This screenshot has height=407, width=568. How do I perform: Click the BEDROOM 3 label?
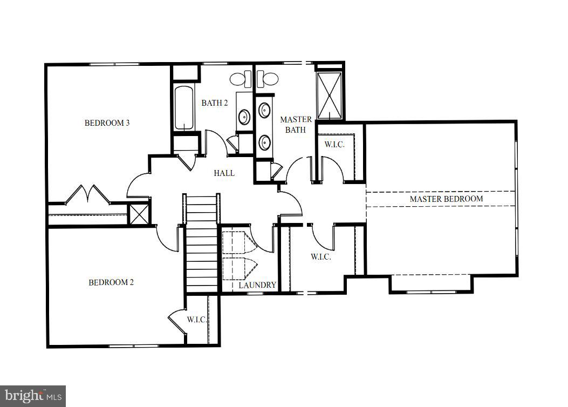pyautogui.click(x=107, y=123)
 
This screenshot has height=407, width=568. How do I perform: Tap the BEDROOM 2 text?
pyautogui.click(x=111, y=282)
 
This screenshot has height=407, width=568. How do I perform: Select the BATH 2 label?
pyautogui.click(x=214, y=103)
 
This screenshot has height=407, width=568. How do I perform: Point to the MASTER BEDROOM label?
pyautogui.click(x=446, y=199)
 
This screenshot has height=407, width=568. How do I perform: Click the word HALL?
pyautogui.click(x=224, y=173)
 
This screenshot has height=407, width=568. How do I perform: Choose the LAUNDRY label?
pyautogui.click(x=257, y=285)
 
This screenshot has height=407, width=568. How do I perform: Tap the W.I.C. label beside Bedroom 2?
pyautogui.click(x=197, y=320)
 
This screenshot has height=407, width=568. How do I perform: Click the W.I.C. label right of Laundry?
pyautogui.click(x=320, y=257)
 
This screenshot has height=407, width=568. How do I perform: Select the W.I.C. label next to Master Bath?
pyautogui.click(x=334, y=145)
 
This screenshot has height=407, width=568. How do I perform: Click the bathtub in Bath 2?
pyautogui.click(x=184, y=108)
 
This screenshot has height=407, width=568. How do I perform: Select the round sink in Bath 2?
pyautogui.click(x=244, y=116)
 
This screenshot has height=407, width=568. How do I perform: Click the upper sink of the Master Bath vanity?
pyautogui.click(x=264, y=111)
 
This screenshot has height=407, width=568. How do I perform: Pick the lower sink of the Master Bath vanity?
pyautogui.click(x=264, y=143)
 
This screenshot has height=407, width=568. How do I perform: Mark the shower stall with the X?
pyautogui.click(x=329, y=95)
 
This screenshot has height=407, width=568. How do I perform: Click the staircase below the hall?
pyautogui.click(x=201, y=243)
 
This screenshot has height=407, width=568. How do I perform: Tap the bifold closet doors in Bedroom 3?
pyautogui.click(x=88, y=194)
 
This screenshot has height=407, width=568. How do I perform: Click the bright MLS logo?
pyautogui.click(x=32, y=396)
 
